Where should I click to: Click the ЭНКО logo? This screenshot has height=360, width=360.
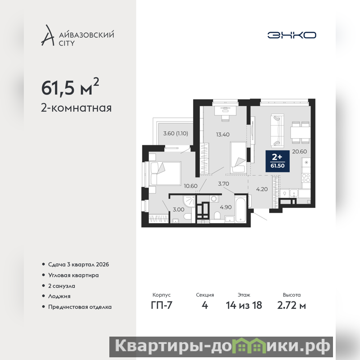(292, 35)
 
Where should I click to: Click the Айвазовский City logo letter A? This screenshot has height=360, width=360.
(48, 35)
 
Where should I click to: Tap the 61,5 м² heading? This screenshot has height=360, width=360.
(70, 87)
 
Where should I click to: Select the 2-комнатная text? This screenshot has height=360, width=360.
(76, 108)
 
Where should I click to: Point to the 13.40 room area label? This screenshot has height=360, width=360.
(223, 135)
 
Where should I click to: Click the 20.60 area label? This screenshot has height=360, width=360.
(299, 152)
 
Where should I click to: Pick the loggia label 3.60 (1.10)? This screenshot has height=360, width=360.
(175, 133)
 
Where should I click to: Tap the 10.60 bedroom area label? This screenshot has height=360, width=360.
(190, 186)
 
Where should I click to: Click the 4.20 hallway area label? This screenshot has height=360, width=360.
(262, 189)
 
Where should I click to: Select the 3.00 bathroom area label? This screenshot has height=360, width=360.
(179, 210)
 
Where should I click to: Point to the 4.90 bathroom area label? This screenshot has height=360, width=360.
(226, 207)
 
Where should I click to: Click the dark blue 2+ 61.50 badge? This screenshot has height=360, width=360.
(278, 161)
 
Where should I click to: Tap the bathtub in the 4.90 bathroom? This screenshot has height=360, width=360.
(241, 208)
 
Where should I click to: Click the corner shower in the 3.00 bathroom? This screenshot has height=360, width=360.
(189, 201)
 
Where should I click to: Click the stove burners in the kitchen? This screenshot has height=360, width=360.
(306, 177)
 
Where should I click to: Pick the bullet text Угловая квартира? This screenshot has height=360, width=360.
(73, 275)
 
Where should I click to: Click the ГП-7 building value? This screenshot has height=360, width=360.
(162, 306)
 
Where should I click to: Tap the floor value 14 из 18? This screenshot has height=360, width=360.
(244, 306)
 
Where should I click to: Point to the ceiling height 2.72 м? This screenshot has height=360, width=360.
(292, 306)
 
